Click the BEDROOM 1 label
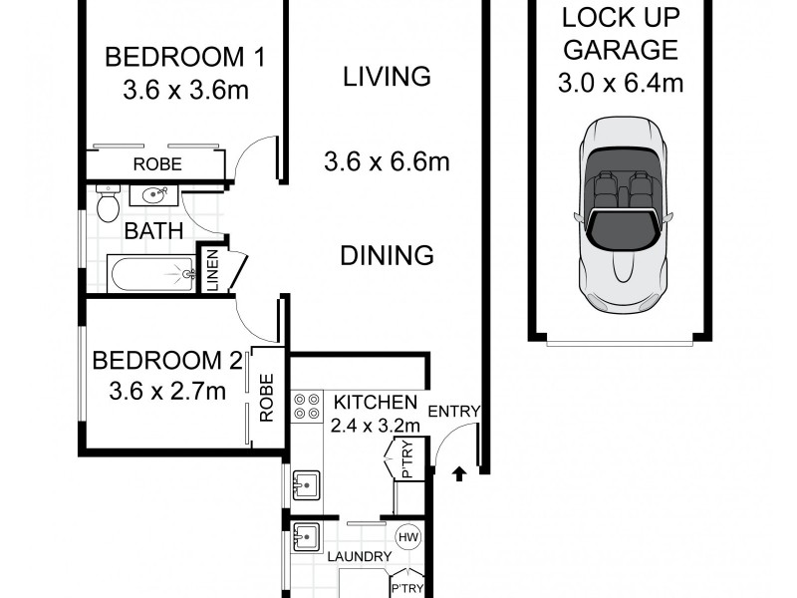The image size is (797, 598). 185,56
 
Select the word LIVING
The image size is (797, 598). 387,76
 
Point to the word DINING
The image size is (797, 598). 388,255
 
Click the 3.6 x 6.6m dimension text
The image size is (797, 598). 387,159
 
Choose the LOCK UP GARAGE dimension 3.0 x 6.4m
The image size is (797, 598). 620,83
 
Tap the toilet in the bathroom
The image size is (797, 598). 107,203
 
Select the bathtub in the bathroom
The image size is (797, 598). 149,272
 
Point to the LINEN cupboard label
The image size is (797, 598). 212,270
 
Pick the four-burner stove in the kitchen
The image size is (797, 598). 306,406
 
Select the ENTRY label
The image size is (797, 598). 454,412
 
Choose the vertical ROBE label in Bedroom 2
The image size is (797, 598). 266,398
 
